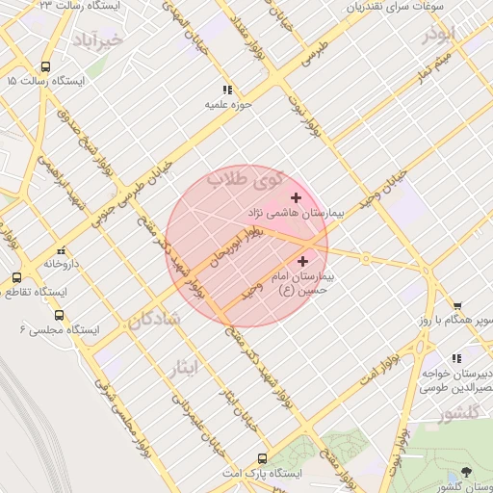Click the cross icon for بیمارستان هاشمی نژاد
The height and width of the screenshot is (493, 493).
pyautogui.click(x=296, y=197)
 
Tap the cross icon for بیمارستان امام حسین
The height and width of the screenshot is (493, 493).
pyautogui.click(x=303, y=260)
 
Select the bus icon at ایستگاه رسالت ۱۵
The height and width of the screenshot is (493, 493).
pyautogui.click(x=45, y=67)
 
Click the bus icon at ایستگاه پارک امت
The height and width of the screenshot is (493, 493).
pyautogui.click(x=262, y=459)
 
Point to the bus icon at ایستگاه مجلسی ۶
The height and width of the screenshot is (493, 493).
pyautogui.click(x=60, y=315)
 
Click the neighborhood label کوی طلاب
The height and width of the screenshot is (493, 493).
pyautogui.click(x=246, y=179)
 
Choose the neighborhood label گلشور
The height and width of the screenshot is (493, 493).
pyautogui.click(x=458, y=415)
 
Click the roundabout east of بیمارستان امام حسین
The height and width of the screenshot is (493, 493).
pyautogui.click(x=366, y=256)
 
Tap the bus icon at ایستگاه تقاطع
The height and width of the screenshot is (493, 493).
pyautogui.click(x=15, y=277)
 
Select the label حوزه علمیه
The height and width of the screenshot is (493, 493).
pyautogui.click(x=228, y=103)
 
